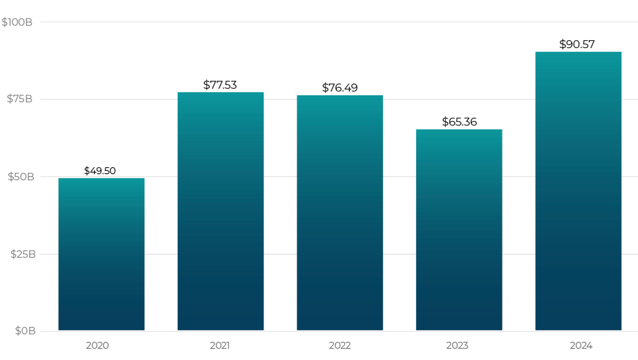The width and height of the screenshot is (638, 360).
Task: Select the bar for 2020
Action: click(101, 254)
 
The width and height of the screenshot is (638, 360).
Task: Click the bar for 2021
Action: click(221, 211)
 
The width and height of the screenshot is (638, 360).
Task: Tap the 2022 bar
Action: click(340, 212)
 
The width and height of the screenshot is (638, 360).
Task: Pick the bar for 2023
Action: click(459, 230)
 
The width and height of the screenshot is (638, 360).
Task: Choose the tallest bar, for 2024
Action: click(578, 191)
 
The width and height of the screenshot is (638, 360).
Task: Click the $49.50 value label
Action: click(100, 171)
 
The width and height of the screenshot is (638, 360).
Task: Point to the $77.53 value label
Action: click(220, 85)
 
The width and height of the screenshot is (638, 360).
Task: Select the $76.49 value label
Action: click(340, 87)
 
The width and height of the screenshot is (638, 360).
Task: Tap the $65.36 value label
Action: click(459, 122)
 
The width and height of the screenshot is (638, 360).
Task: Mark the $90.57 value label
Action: click(577, 44)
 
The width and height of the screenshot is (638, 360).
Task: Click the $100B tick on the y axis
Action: click(17, 22)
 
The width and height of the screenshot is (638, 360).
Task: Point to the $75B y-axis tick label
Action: click(20, 99)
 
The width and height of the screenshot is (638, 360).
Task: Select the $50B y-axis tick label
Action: click(21, 176)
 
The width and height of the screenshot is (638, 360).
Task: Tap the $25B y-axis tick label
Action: click(23, 254)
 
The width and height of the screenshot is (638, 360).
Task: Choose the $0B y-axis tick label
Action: click(25, 331)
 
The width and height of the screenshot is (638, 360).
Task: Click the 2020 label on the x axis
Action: click(98, 346)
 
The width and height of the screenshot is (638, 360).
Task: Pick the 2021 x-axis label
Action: click(220, 346)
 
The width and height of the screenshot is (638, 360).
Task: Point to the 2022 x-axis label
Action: click(340, 346)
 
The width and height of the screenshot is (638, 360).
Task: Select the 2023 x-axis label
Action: click(457, 346)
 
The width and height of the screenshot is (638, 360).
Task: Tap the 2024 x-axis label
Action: click(581, 346)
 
